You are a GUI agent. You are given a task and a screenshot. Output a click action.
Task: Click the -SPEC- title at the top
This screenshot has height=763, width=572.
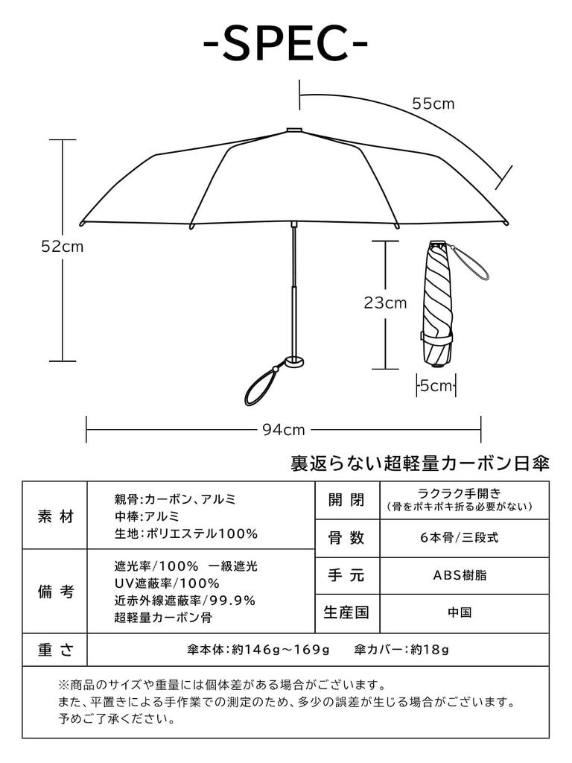pyautogui.click(x=286, y=46)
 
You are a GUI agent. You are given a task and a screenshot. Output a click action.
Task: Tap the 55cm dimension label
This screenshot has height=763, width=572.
pyautogui.click(x=433, y=104)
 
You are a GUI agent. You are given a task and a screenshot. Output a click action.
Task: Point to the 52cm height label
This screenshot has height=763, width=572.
pyautogui.click(x=62, y=247)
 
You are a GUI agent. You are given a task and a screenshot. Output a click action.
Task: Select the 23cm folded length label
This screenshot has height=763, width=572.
pyautogui.click(x=385, y=303)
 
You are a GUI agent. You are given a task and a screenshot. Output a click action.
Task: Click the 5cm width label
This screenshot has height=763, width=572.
pyautogui.click(x=436, y=386)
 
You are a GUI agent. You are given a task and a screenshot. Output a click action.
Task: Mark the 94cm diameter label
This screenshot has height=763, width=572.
pyautogui.click(x=284, y=429)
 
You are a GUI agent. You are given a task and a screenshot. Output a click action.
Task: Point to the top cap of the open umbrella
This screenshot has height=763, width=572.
pyautogui.click(x=294, y=130)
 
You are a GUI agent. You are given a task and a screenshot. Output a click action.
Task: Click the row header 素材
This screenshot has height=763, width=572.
pyautogui.click(x=55, y=516)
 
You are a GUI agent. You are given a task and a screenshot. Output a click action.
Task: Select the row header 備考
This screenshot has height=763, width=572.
pyautogui.click(x=55, y=592)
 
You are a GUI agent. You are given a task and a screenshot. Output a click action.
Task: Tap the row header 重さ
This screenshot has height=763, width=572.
pyautogui.click(x=55, y=650)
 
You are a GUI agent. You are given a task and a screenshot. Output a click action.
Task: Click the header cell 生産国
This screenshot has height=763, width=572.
pyautogui.click(x=346, y=613)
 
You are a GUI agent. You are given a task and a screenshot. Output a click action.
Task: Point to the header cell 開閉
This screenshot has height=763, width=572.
pyautogui.click(x=346, y=500)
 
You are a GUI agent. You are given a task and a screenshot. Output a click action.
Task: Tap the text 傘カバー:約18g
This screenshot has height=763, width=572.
pyautogui.click(x=402, y=650)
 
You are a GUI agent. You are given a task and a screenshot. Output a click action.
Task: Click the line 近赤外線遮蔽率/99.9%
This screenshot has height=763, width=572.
pyautogui.click(x=185, y=601)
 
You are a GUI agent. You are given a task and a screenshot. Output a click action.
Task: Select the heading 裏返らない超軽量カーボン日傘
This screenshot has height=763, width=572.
pyautogui.click(x=420, y=464)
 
